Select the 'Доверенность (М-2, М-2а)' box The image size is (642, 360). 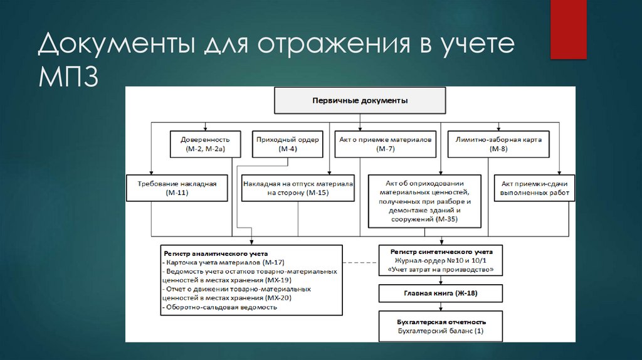pos(205,144)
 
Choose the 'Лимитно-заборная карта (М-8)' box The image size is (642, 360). pos(498,144)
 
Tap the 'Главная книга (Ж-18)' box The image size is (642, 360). pos(440,293)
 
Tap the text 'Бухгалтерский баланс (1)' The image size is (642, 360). pos(441,331)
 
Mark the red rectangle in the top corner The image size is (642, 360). pos(568,29)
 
